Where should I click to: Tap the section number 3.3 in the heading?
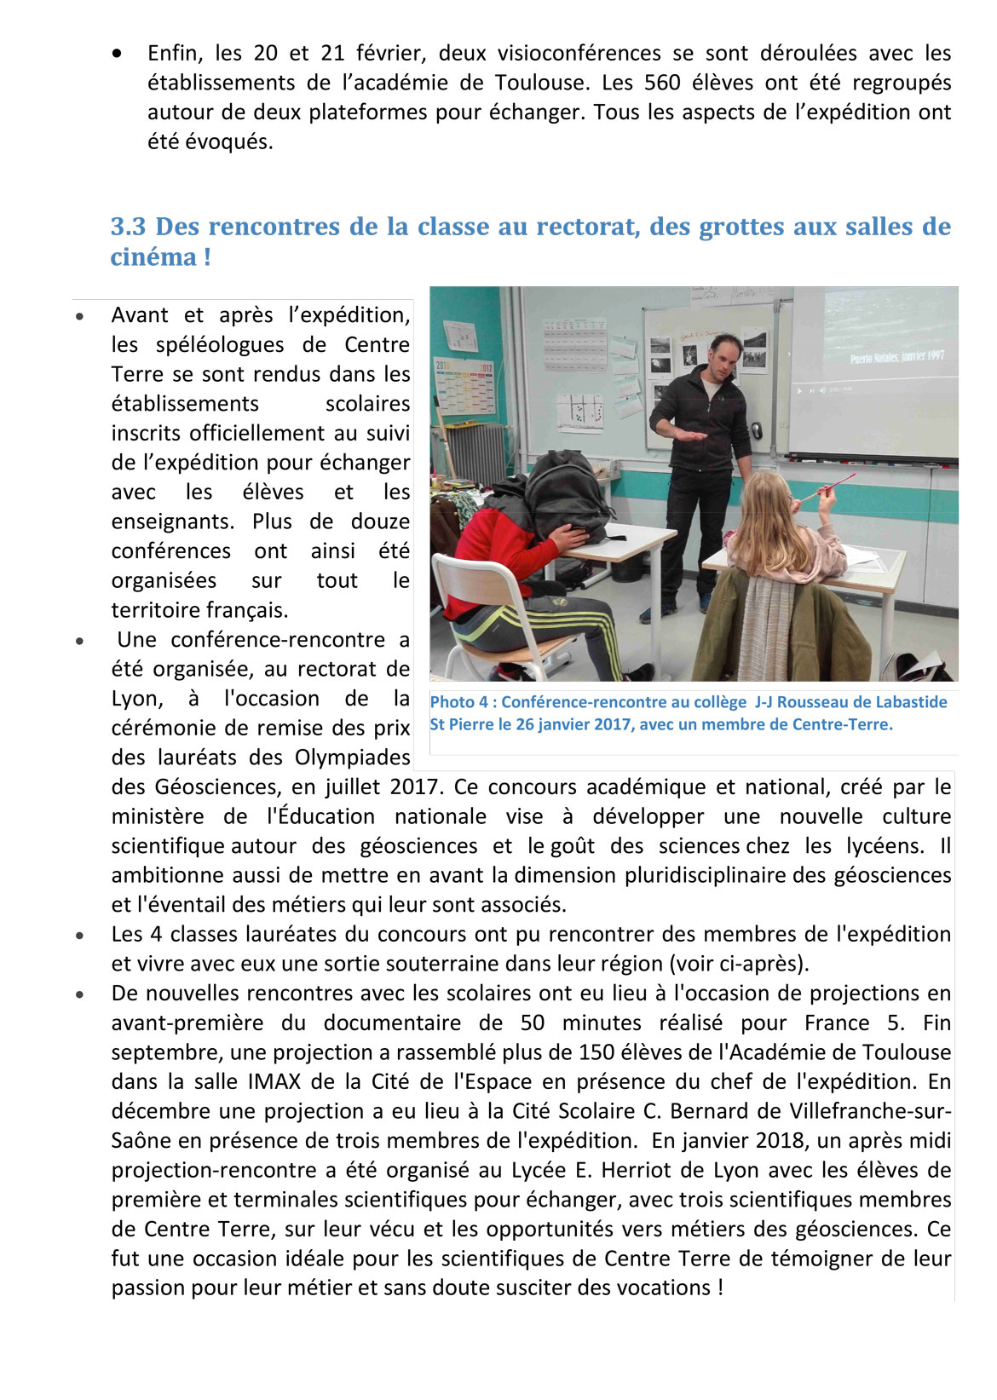[128, 227]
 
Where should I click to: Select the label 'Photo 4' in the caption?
[459, 702]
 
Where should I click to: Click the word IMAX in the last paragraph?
[274, 1081]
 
